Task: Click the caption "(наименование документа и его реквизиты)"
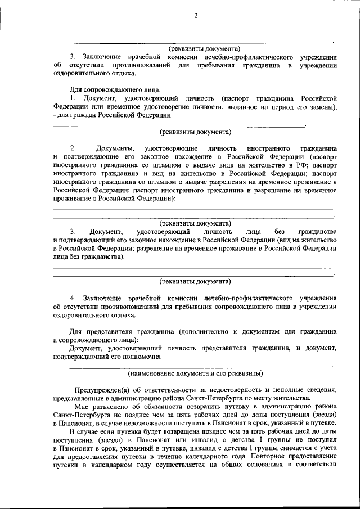[195, 372]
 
